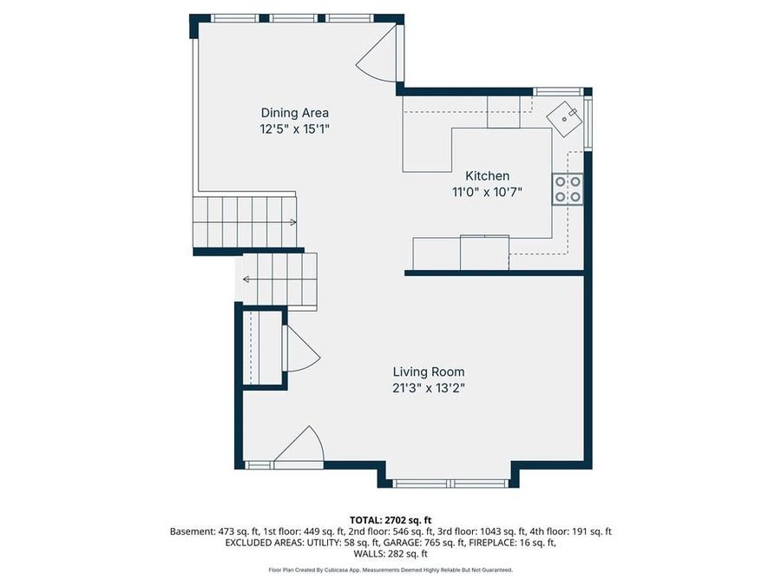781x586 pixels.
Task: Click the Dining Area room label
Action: [x=295, y=113]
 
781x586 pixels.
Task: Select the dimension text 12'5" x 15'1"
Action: [x=295, y=129]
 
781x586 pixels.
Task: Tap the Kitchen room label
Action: [x=488, y=176]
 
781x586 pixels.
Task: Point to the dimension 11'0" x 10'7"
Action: [x=488, y=193]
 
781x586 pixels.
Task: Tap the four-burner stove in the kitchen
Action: [x=568, y=189]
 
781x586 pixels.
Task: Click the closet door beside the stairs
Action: [x=300, y=350]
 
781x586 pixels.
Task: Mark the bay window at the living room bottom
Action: [x=450, y=483]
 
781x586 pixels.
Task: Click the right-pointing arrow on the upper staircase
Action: [x=292, y=222]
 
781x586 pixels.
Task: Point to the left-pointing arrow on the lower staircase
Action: [x=246, y=280]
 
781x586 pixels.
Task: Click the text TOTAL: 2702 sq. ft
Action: [x=390, y=519]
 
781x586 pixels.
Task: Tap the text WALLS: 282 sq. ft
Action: [x=390, y=554]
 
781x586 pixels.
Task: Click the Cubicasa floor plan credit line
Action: [x=390, y=570]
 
